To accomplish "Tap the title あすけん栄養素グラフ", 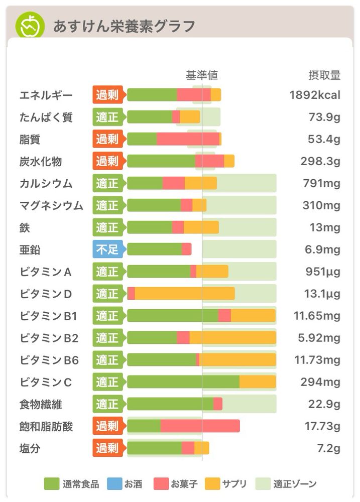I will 124,26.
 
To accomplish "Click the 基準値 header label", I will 202,75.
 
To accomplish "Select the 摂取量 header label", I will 324,75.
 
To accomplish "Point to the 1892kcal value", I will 315,95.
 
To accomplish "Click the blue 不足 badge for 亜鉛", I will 107,249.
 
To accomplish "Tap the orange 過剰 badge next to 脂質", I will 107,139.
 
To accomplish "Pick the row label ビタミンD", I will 46,294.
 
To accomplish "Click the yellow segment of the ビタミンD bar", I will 184,294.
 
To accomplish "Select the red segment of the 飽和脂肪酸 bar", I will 200,426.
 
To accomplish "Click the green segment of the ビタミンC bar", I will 183,382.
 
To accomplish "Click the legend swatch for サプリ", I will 213,484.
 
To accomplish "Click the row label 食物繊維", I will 41,404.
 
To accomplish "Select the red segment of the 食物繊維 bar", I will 218,404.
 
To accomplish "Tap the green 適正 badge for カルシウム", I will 107,183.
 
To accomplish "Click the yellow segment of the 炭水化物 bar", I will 229,161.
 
